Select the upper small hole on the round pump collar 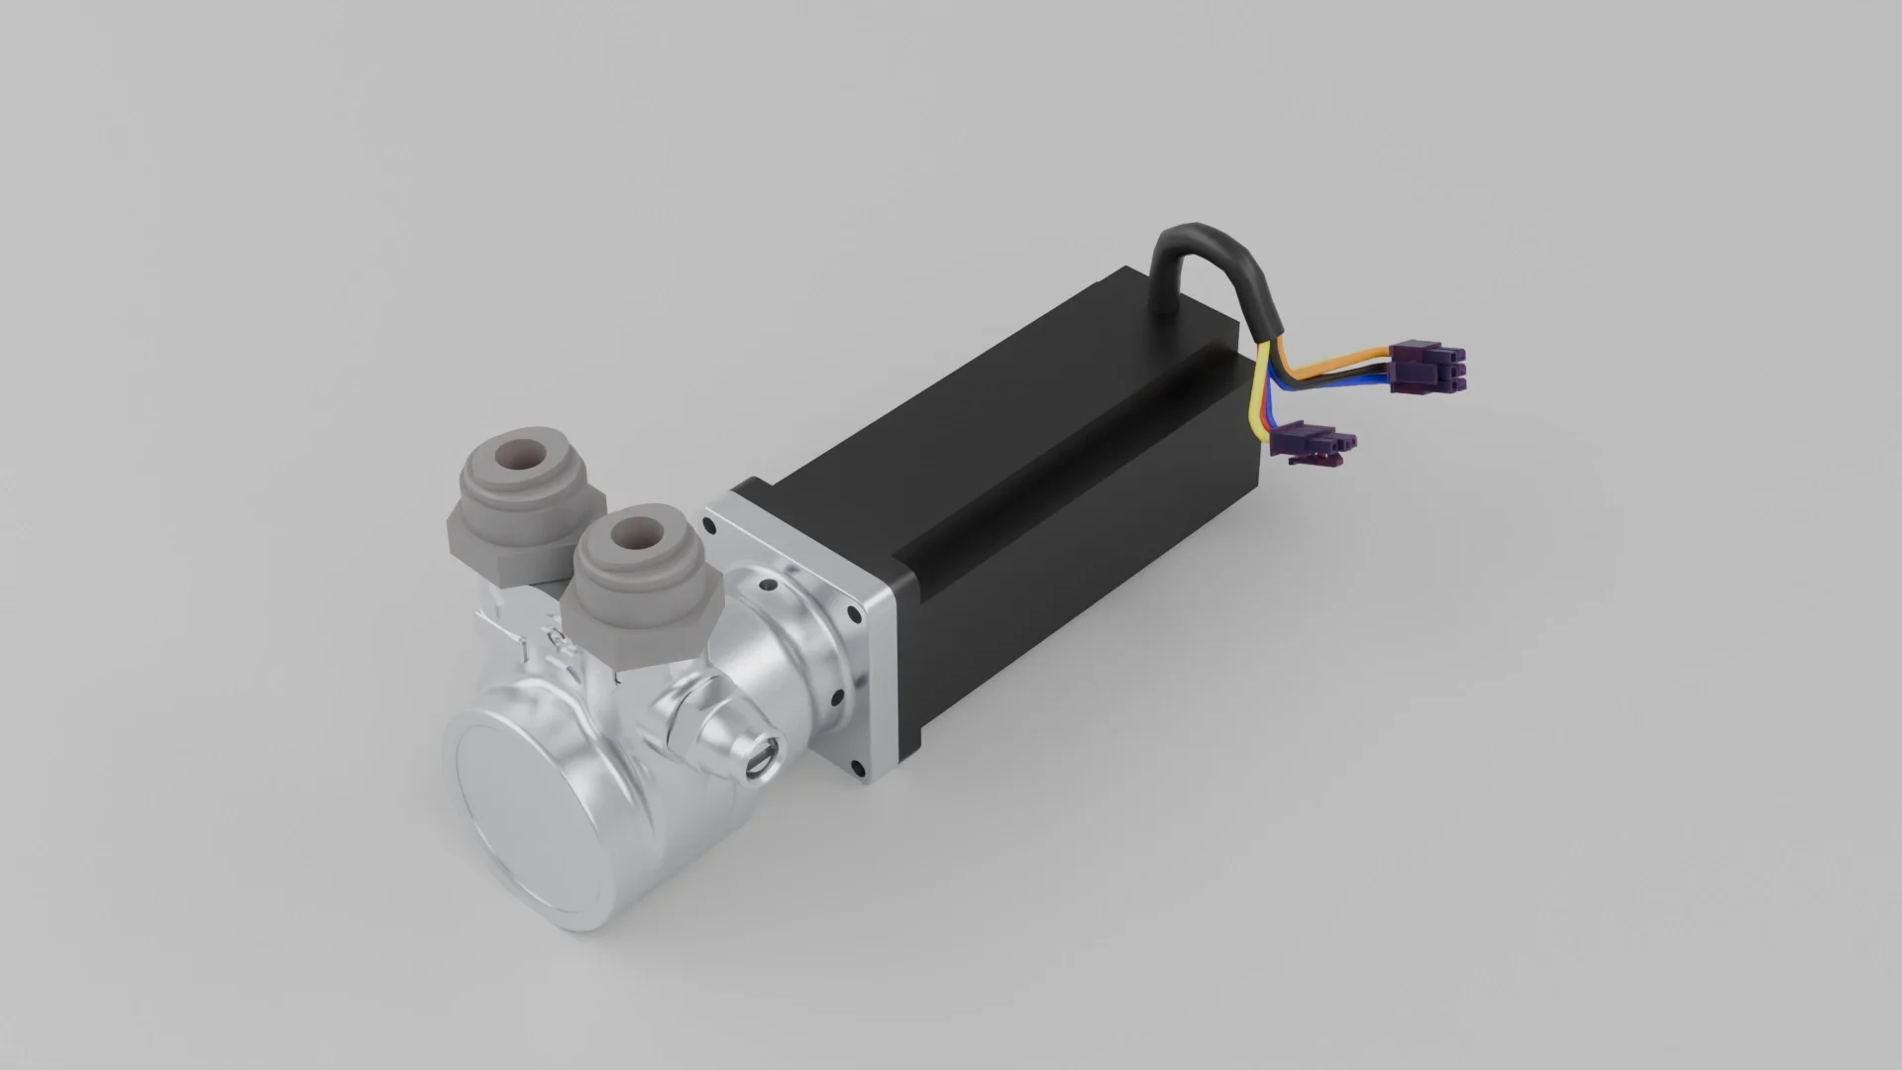coord(766,588)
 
